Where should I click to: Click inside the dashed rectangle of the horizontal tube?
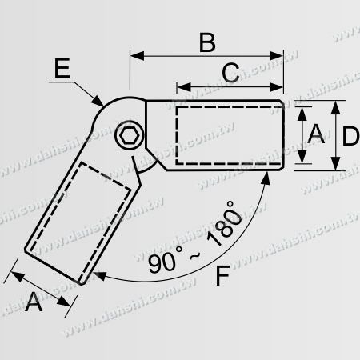pyautogui.click(x=227, y=134)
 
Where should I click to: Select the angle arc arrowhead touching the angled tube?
pyautogui.click(x=98, y=274)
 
